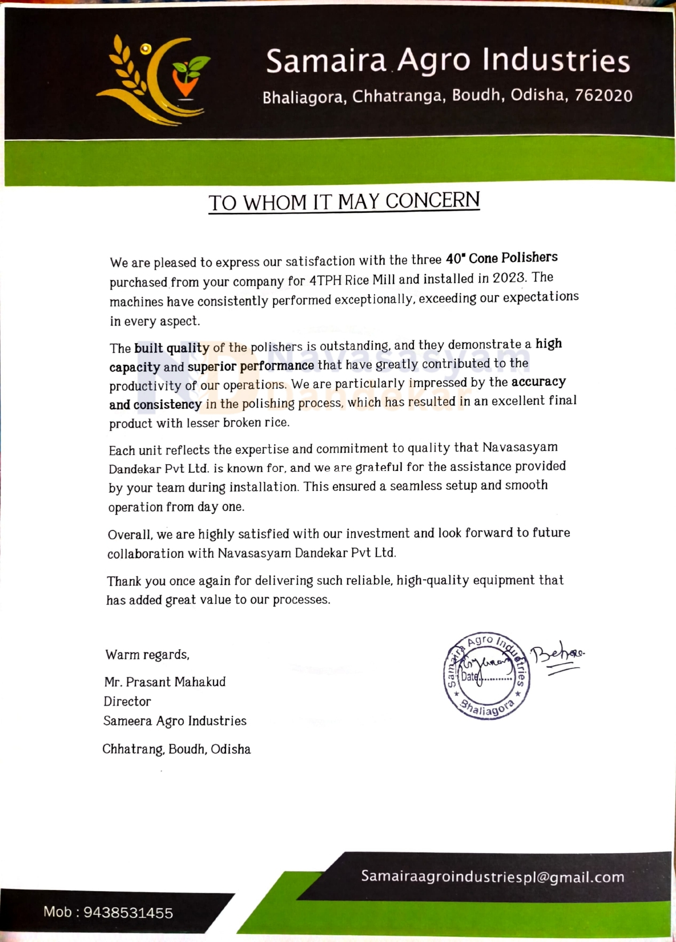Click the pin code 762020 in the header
(603, 95)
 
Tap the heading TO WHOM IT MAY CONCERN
(344, 202)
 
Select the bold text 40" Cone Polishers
(501, 258)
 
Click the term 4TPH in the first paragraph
(325, 280)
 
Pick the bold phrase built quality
(172, 348)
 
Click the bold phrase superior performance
(251, 366)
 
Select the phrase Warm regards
(147, 654)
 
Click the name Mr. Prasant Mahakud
(164, 682)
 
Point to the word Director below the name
(127, 701)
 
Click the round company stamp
(487, 676)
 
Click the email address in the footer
(492, 876)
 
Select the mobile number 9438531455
(128, 912)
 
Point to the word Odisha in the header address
(537, 95)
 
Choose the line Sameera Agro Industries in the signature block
(175, 720)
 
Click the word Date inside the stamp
(469, 677)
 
